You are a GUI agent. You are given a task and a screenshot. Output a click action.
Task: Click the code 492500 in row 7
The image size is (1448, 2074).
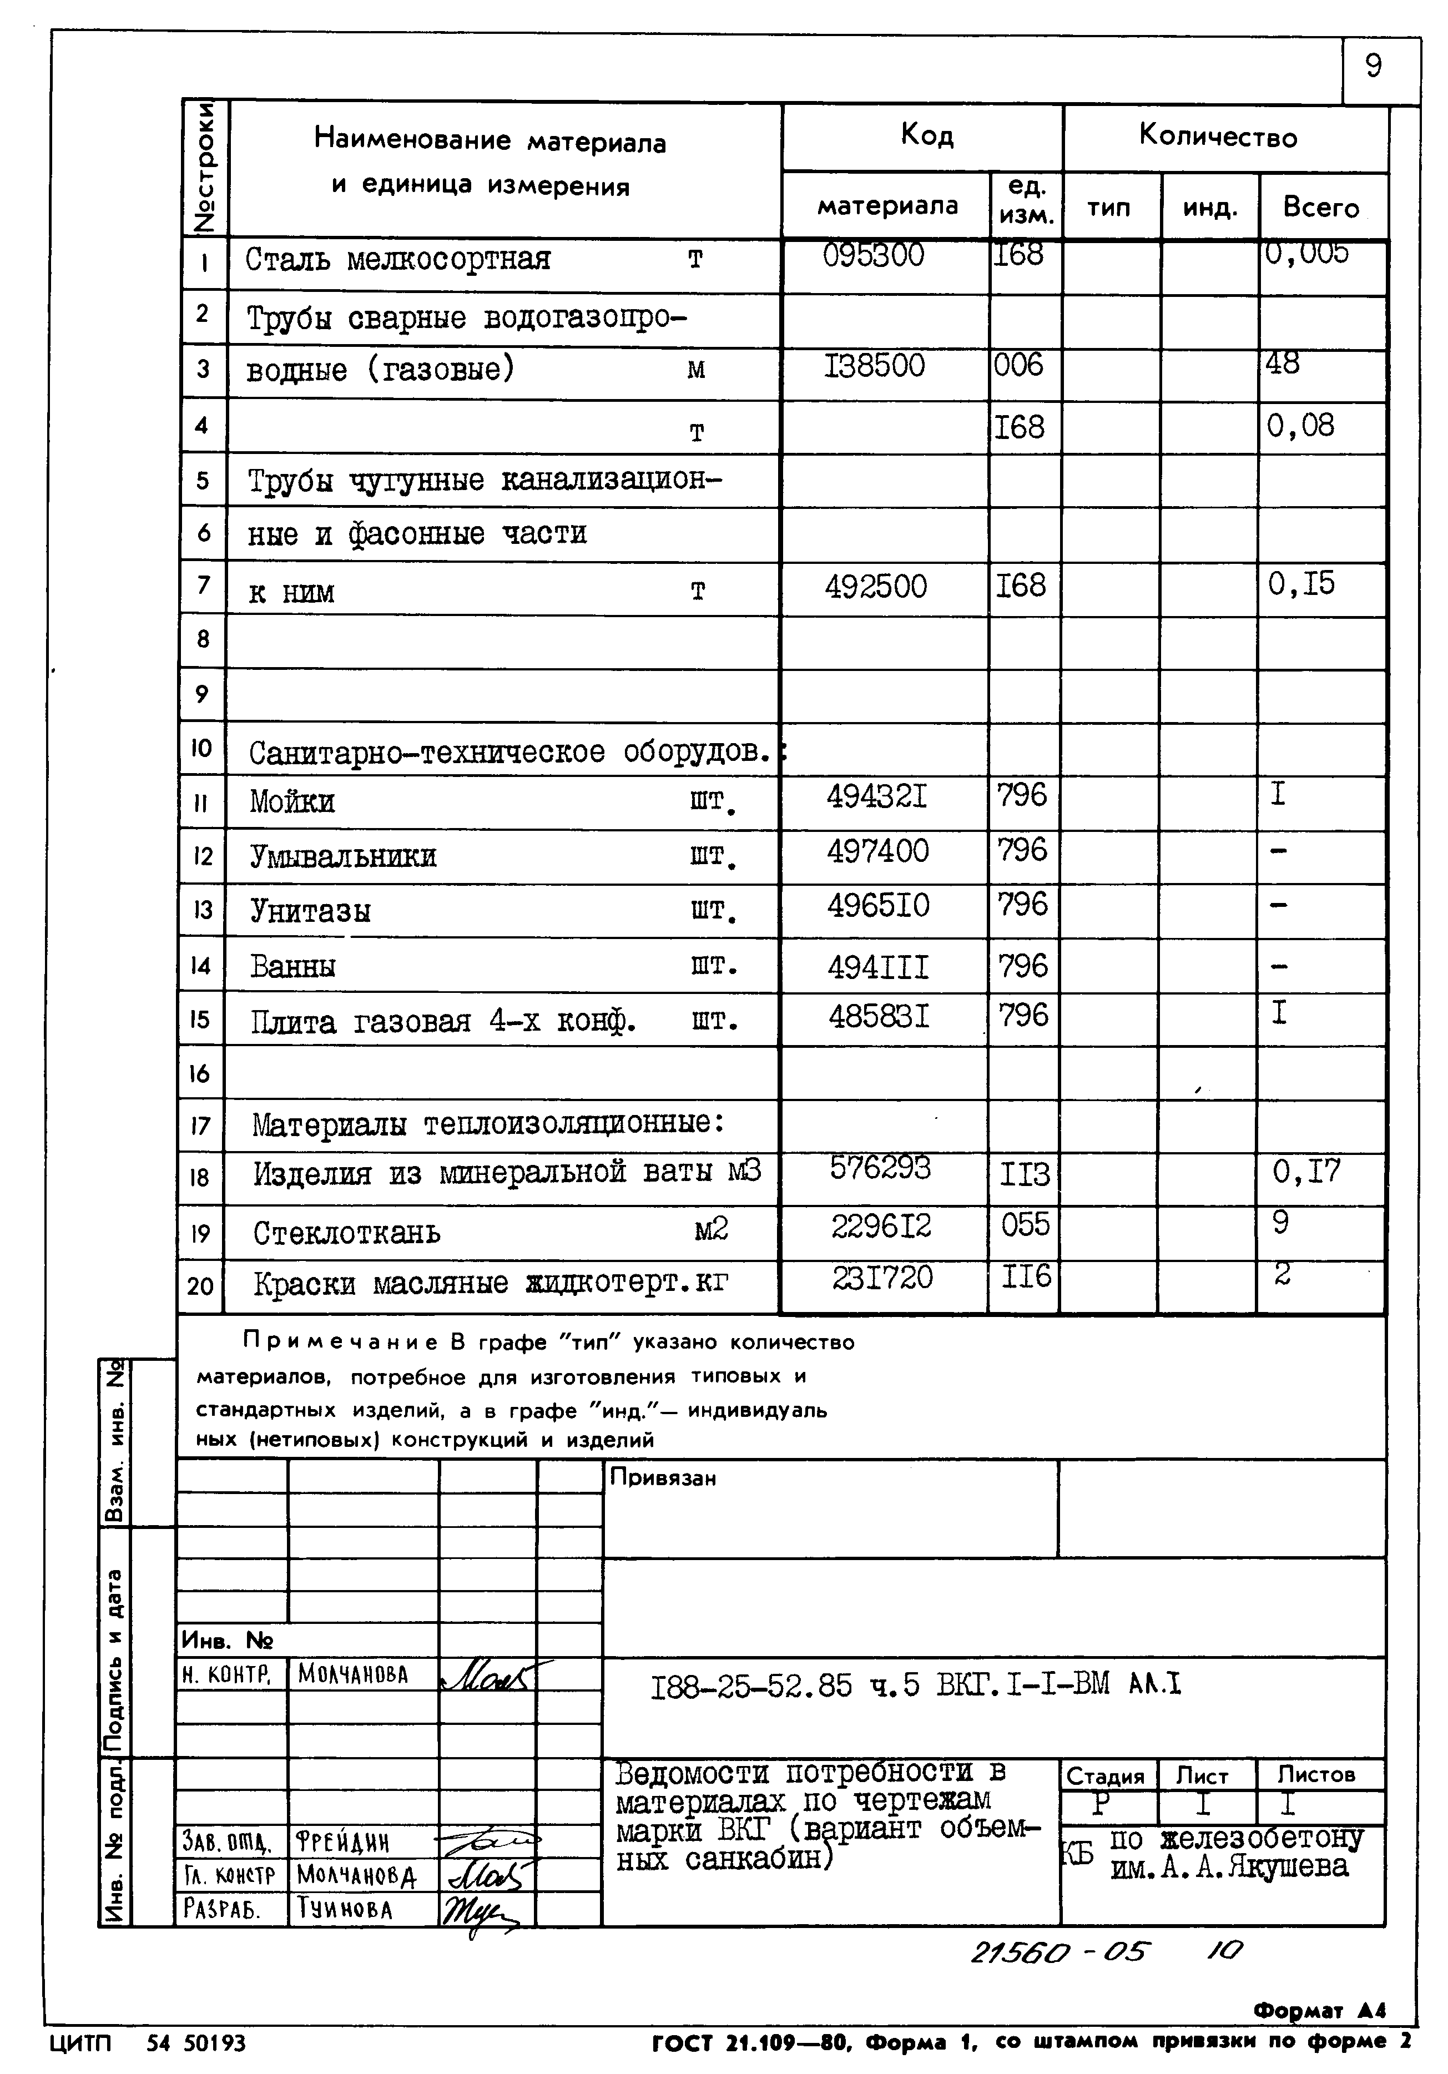pyautogui.click(x=875, y=587)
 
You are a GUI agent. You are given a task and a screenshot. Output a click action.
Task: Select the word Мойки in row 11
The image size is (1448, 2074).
pyautogui.click(x=292, y=801)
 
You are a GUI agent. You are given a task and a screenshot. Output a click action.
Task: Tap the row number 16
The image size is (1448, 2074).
pyautogui.click(x=200, y=1073)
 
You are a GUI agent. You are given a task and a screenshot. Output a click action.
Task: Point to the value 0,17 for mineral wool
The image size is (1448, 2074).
pyautogui.click(x=1306, y=1173)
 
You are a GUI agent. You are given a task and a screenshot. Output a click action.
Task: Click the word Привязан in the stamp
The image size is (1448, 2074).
pyautogui.click(x=662, y=1478)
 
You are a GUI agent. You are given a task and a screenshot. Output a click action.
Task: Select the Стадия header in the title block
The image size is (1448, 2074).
pyautogui.click(x=1105, y=1776)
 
